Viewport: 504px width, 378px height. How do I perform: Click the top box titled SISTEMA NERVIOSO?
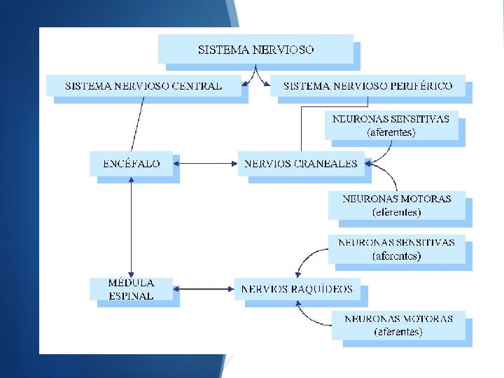(255, 50)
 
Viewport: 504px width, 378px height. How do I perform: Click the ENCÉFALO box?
(132, 164)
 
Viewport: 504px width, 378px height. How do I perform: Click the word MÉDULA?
(131, 283)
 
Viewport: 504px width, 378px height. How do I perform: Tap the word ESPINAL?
(131, 295)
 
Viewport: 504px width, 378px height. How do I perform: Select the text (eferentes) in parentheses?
(396, 211)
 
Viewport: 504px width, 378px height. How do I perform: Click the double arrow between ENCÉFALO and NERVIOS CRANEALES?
(204, 164)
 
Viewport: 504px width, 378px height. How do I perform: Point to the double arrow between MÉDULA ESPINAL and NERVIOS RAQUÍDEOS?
(204, 288)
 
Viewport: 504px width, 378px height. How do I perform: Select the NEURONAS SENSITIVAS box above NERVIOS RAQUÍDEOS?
(396, 249)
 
